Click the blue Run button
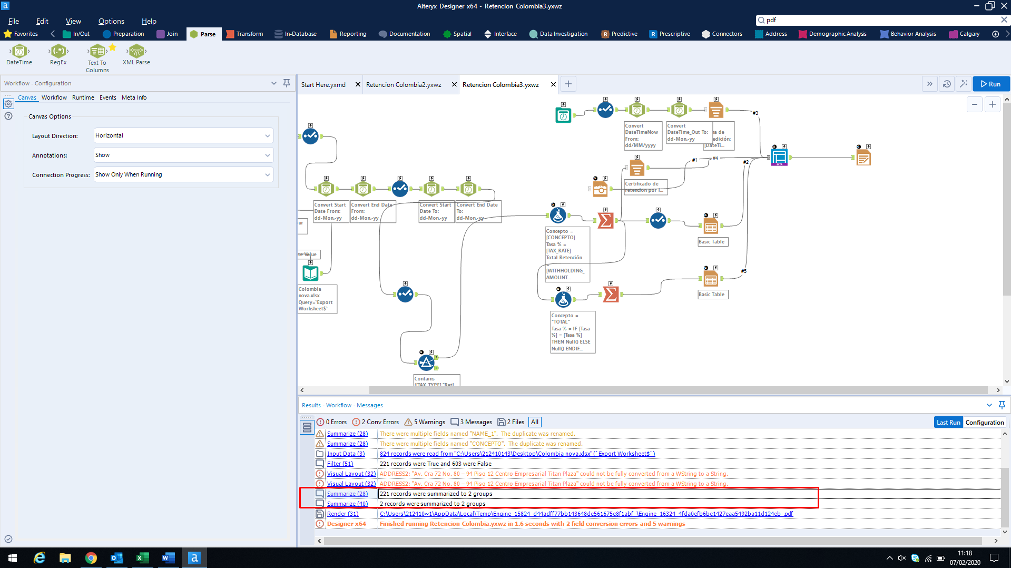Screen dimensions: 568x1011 (990, 84)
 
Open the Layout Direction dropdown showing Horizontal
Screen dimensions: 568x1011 (183, 135)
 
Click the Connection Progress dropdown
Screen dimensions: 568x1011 (183, 174)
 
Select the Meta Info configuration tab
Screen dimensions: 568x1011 (134, 97)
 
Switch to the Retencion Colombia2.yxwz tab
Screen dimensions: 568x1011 (404, 84)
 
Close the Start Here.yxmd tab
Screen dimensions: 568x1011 (358, 84)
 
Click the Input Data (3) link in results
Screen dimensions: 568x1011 (346, 454)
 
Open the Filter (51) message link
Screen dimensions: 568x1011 (340, 464)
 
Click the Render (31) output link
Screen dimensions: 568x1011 (342, 514)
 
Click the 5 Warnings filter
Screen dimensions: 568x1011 (425, 422)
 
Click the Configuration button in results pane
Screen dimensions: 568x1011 (984, 422)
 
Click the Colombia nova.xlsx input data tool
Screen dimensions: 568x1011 (310, 273)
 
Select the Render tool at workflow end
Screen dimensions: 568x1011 (863, 158)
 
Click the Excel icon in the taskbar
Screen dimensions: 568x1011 (142, 557)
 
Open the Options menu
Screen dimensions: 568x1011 (111, 21)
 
